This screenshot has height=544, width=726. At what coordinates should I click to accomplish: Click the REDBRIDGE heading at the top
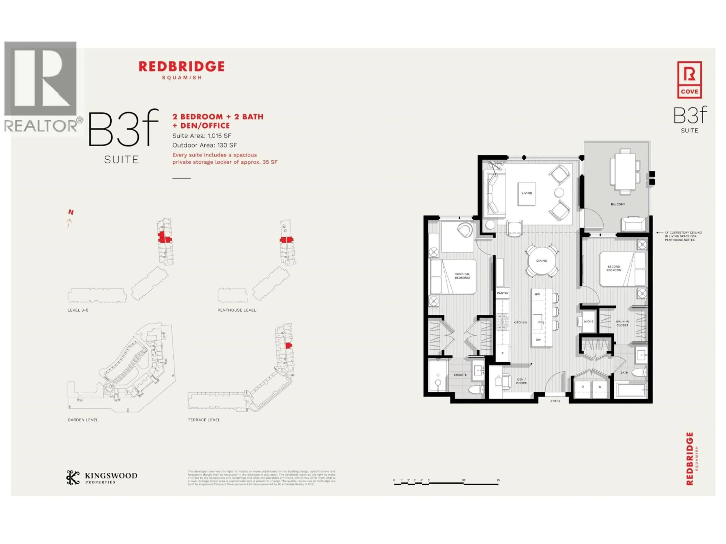coord(181,66)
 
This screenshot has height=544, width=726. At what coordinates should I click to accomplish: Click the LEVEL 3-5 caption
coord(78,310)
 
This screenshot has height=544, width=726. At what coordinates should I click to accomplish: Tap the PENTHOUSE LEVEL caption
coord(237,310)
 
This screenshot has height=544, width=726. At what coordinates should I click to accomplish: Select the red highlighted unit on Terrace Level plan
coord(288,345)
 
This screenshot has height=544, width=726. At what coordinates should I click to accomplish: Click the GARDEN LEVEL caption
coord(83,420)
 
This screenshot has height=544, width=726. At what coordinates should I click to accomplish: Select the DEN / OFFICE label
coord(521,381)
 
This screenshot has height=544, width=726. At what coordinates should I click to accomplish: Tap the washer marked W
coord(600,387)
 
